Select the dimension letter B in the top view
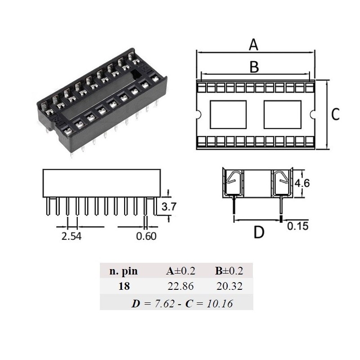click(x=254, y=67)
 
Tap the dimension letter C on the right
click(x=335, y=115)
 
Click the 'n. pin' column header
click(x=124, y=271)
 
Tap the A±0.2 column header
click(x=180, y=271)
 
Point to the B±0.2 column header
click(x=229, y=271)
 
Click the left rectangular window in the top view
click(x=229, y=115)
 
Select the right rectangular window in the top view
click(x=281, y=115)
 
